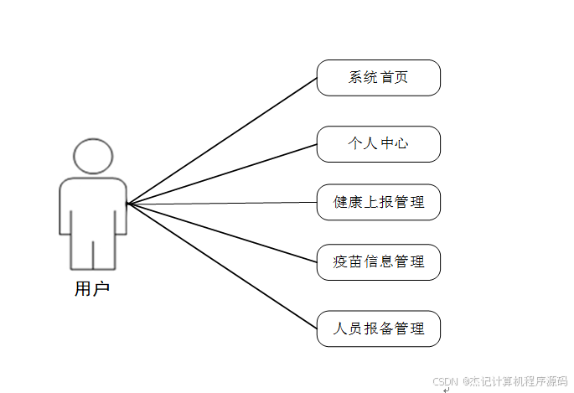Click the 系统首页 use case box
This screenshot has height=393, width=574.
tap(378, 78)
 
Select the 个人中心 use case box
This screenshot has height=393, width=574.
tap(378, 143)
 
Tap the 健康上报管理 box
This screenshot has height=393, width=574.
tap(378, 202)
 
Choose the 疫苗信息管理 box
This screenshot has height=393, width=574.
tap(378, 262)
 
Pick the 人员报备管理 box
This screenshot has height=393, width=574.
tap(378, 328)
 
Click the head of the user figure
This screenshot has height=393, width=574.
tap(92, 156)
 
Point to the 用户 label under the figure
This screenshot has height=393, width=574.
tap(92, 290)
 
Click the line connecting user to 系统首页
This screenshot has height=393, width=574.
tap(222, 141)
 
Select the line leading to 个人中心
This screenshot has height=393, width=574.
tap(222, 173)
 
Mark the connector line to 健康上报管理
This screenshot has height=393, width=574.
tap(222, 203)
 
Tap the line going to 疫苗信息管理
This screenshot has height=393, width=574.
tap(222, 233)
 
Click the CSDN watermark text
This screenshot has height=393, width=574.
tap(499, 381)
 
